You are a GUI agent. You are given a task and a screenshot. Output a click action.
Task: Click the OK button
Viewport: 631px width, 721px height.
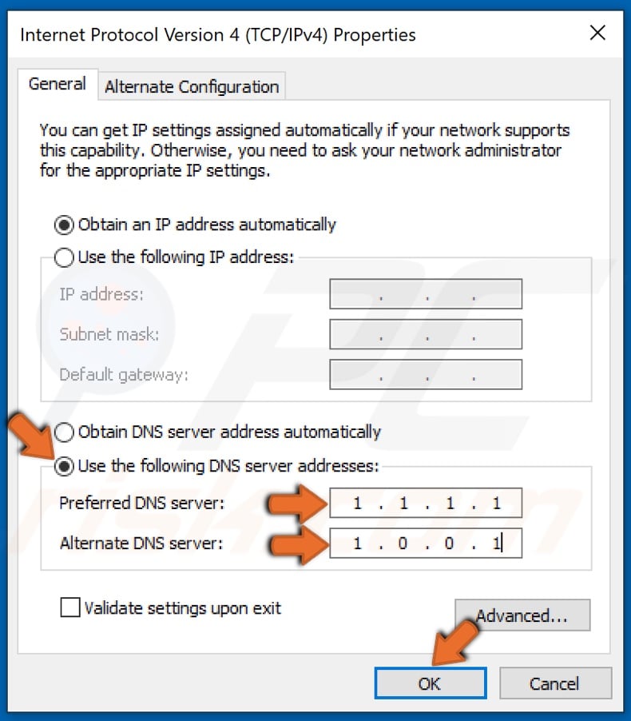[430, 683]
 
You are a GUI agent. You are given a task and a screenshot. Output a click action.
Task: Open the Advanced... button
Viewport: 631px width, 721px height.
[522, 616]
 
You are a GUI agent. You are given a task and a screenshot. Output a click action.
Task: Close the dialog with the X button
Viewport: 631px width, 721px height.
[597, 34]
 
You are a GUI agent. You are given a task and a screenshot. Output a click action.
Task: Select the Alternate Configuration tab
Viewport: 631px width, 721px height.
[192, 86]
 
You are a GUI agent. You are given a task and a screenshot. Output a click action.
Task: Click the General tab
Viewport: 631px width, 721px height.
[58, 84]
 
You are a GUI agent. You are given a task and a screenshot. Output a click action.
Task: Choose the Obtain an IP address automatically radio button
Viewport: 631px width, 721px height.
[64, 225]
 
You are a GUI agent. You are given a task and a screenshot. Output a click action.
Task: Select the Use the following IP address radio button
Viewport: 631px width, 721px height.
[64, 257]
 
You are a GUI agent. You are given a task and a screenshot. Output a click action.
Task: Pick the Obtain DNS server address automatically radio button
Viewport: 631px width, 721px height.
[64, 432]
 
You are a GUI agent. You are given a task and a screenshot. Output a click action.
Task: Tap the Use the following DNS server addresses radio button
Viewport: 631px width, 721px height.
[64, 466]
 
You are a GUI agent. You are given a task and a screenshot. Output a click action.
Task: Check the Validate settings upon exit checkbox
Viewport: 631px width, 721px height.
[70, 608]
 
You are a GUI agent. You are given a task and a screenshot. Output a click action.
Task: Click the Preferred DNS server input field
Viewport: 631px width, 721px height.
[426, 504]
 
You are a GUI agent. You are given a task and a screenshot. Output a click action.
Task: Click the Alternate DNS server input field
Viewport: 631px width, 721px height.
[426, 544]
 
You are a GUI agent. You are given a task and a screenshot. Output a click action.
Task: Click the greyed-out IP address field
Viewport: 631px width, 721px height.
[426, 294]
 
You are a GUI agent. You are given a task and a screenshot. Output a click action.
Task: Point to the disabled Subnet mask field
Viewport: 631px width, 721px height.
[426, 334]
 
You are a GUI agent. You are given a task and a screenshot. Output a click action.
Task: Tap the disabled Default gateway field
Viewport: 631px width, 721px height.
[426, 374]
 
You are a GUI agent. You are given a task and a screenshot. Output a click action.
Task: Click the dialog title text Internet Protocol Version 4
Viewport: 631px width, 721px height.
[217, 35]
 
